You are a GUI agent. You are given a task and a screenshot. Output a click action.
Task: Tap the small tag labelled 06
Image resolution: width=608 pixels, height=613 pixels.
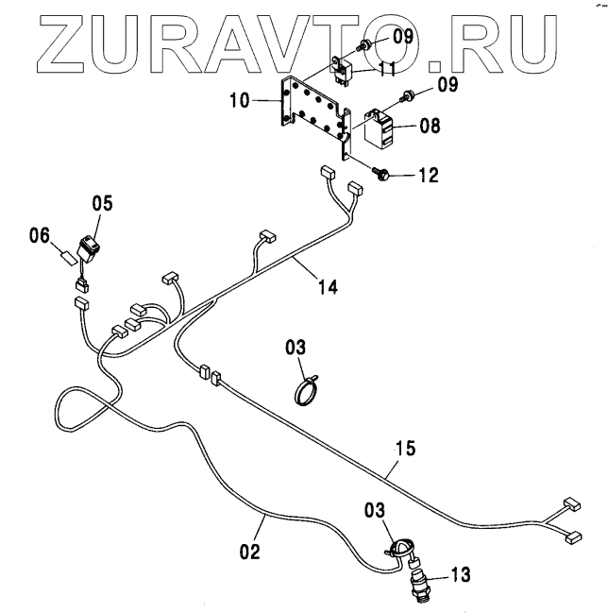coord(68,255)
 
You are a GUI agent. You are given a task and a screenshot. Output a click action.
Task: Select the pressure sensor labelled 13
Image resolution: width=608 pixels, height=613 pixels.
coord(418,578)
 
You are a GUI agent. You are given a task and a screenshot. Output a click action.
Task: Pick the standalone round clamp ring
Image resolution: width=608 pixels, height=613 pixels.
coord(308,391)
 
